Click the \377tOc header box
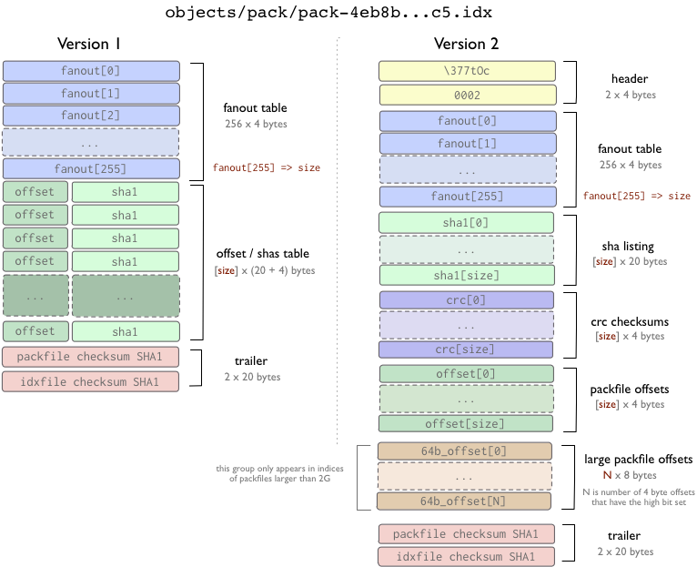(467, 71)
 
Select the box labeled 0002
(467, 95)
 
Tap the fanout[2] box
(91, 116)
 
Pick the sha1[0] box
(466, 223)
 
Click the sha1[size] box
(466, 276)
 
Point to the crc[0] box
(466, 300)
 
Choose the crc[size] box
(466, 349)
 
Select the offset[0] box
(466, 374)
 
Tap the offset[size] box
(466, 423)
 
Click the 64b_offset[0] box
(464, 451)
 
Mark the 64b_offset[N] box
(464, 501)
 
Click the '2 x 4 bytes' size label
(630, 95)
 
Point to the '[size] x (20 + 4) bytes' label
(264, 270)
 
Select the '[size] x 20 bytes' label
(630, 261)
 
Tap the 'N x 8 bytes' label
(630, 475)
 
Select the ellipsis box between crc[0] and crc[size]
(466, 325)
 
